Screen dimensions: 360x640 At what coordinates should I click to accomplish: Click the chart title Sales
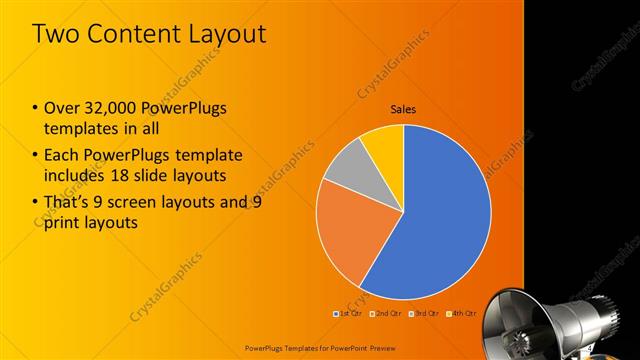pyautogui.click(x=403, y=109)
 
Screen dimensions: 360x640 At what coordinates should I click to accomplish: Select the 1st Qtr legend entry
pyautogui.click(x=348, y=314)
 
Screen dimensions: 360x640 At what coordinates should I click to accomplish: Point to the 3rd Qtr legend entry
pyautogui.click(x=424, y=314)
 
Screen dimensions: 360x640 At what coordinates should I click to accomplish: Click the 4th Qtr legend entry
pyautogui.click(x=462, y=314)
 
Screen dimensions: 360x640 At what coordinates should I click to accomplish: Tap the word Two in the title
pyautogui.click(x=57, y=33)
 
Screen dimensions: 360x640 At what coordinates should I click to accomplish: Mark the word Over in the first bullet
pyautogui.click(x=65, y=108)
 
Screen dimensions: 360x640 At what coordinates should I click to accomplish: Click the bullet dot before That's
pyautogui.click(x=37, y=202)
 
